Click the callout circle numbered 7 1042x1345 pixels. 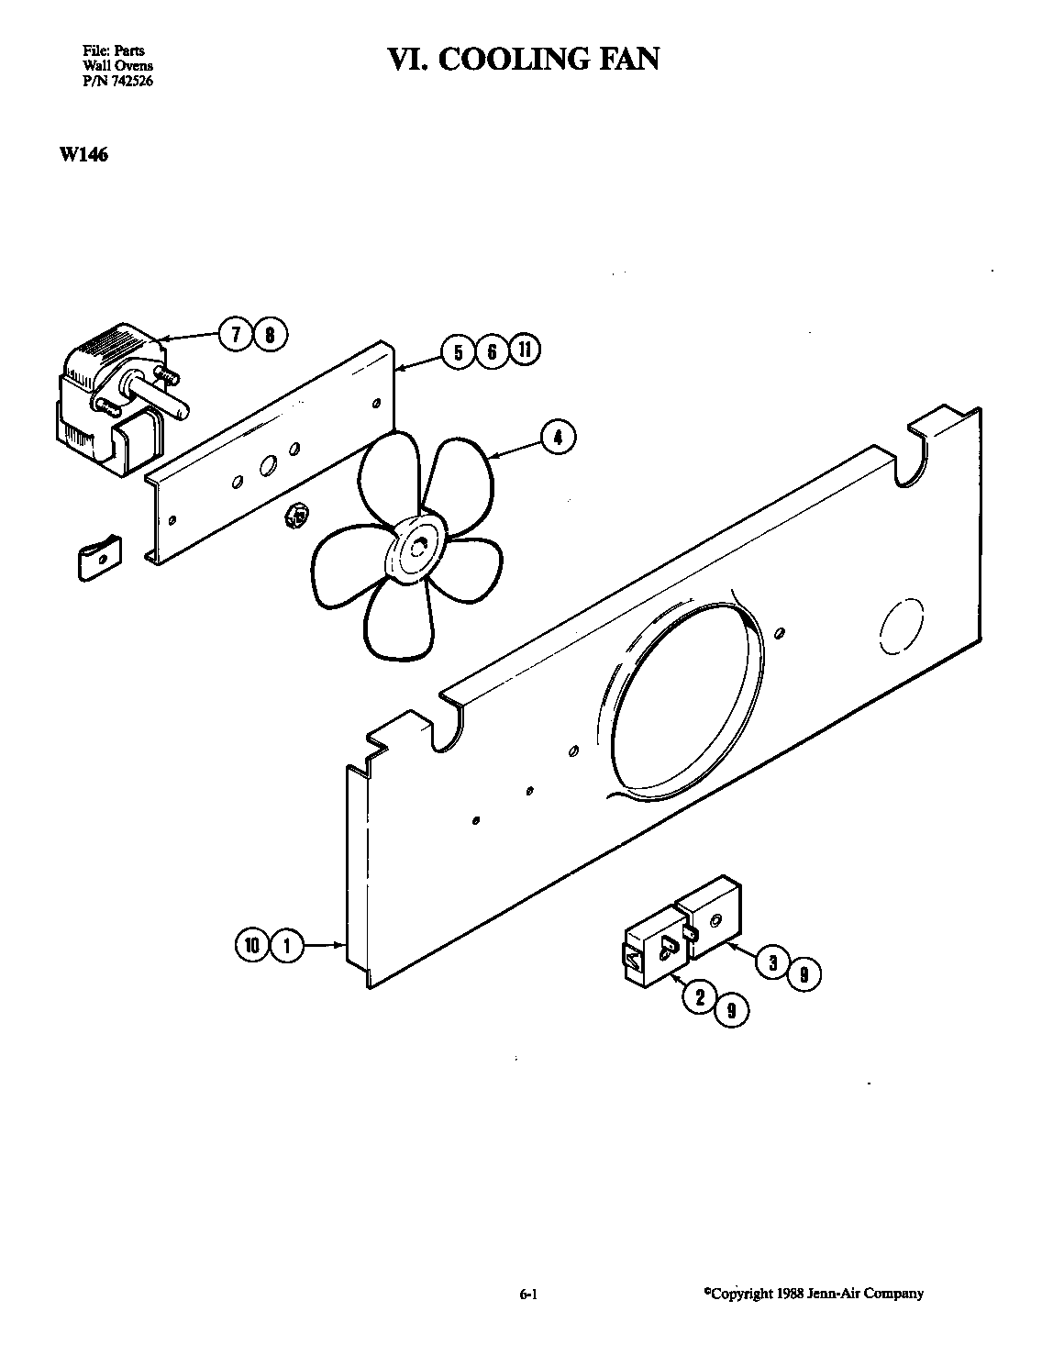236,335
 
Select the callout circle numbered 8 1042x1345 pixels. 270,335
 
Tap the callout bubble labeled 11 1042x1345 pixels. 524,350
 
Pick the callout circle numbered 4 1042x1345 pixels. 558,438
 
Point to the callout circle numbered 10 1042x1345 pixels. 250,945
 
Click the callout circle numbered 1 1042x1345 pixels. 286,945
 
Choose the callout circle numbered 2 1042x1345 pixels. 700,997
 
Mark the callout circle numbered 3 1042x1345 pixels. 772,962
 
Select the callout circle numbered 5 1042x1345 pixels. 458,352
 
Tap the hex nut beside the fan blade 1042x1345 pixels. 295,517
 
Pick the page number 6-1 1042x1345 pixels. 527,1295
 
